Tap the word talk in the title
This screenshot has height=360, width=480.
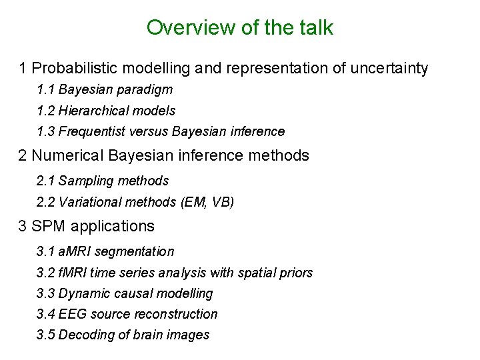tap(315, 28)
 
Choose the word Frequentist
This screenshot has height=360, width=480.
tap(89, 131)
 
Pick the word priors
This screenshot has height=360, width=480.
tap(297, 273)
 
